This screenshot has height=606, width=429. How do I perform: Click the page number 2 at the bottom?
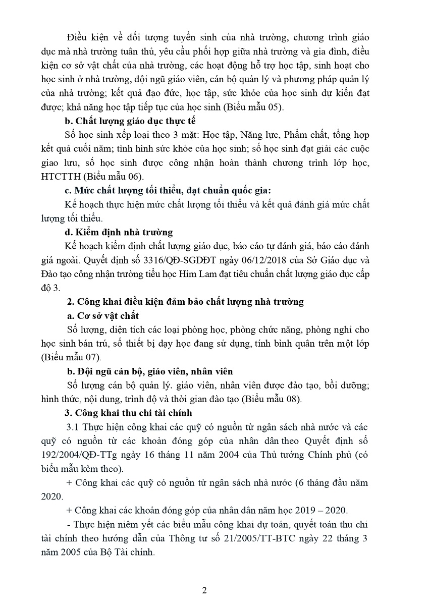point(204,590)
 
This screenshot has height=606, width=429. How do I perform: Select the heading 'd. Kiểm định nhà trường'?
point(119,232)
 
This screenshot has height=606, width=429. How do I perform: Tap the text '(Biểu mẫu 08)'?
point(271,399)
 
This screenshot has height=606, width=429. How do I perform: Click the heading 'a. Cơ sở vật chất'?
point(102,316)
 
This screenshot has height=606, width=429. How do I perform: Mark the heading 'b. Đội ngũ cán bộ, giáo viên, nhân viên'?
point(150,371)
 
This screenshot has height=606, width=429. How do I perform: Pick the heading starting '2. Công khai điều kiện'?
point(185,302)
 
